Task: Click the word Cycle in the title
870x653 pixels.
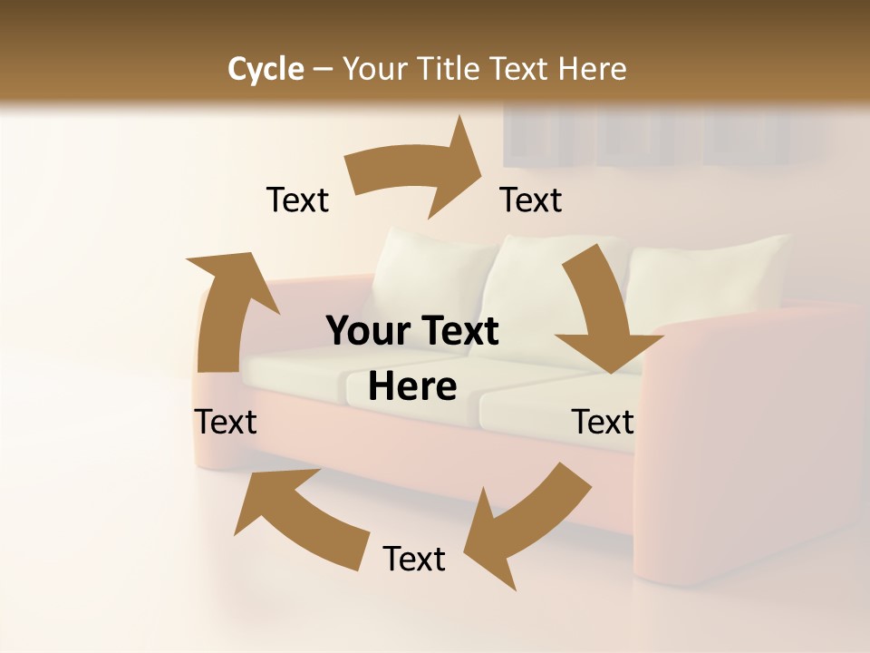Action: pos(266,69)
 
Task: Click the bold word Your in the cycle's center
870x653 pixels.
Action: pos(363,331)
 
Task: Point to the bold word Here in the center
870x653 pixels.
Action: pos(412,386)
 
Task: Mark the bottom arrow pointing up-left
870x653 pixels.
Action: pos(299,517)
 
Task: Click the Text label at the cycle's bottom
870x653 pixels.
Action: pos(414,559)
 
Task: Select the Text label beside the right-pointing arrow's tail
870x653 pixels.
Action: pos(297,200)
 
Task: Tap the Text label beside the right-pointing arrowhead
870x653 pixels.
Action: pos(531,200)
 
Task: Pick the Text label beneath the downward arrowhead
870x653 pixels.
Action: pos(603,422)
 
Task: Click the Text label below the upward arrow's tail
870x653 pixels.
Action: pos(226,422)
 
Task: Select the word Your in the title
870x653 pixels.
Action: pos(373,69)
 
